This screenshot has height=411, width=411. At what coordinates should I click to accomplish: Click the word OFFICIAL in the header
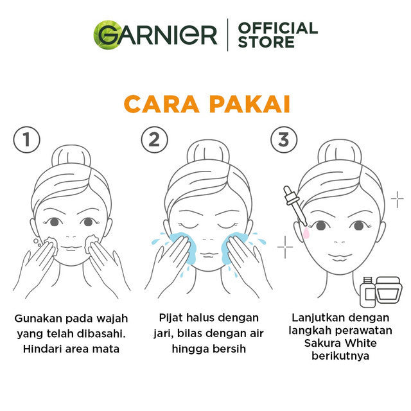tap(277, 28)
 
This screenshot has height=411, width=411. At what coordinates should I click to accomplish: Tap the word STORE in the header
tap(266, 42)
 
